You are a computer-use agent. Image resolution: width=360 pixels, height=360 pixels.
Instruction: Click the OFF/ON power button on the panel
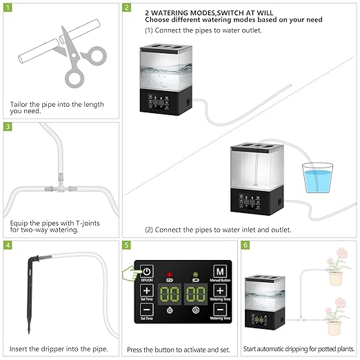click(x=147, y=271)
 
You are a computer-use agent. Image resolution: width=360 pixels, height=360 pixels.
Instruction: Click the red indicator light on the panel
click(x=170, y=274)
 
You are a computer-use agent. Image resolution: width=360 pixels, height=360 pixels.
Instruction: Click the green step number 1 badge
click(x=8, y=8)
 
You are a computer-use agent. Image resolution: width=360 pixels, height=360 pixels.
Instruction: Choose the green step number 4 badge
click(x=8, y=245)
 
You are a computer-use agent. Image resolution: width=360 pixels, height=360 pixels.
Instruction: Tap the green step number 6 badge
click(x=245, y=245)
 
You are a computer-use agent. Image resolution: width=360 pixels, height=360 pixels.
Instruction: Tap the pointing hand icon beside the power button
click(x=131, y=274)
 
